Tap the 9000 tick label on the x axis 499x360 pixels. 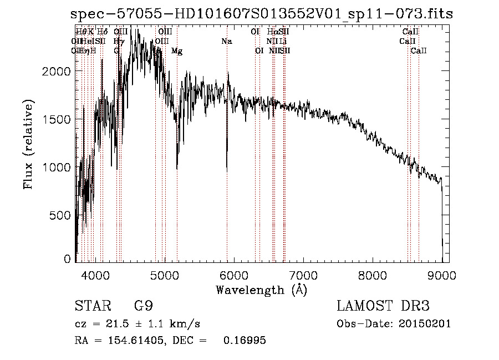442,273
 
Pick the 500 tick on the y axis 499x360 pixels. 63,215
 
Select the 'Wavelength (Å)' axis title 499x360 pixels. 261,290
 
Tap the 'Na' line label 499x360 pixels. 226,42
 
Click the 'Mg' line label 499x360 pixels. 177,51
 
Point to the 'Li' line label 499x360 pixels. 283,42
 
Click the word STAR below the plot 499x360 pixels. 92,306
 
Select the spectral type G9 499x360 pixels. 144,306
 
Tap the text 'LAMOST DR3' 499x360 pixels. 383,306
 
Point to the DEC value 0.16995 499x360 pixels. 244,341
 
